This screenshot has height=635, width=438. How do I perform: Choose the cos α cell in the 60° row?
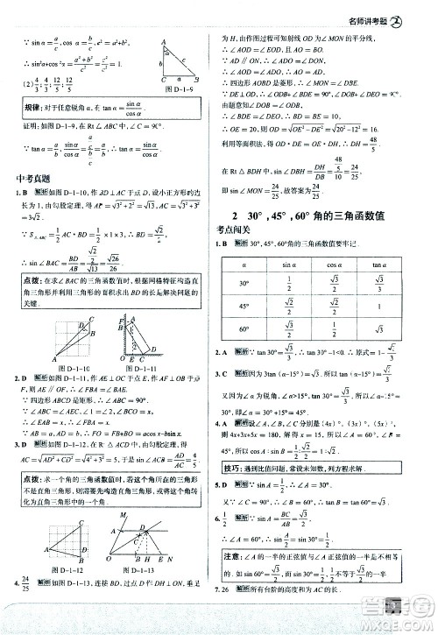pos(339,331)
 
